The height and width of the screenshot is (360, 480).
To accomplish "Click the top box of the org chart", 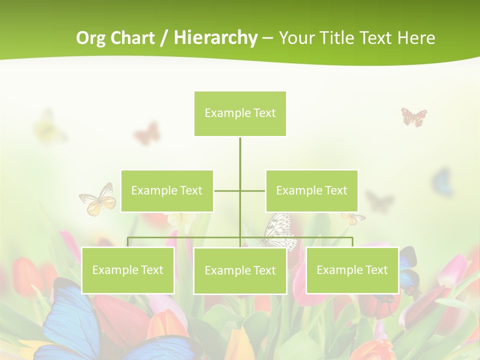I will [240, 113].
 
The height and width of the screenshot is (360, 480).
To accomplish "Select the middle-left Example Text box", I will [167, 190].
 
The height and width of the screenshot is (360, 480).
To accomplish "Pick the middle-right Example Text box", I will [311, 190].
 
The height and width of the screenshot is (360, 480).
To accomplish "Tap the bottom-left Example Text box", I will [127, 270].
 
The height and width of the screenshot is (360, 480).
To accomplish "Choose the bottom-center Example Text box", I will [240, 270].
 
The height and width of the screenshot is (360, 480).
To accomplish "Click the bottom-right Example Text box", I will [352, 270].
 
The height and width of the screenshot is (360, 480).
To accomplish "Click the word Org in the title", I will [91, 38].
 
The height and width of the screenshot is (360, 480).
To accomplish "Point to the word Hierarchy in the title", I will [215, 38].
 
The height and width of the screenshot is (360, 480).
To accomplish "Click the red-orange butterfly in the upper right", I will [414, 116].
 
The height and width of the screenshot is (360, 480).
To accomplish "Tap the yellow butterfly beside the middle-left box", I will [99, 200].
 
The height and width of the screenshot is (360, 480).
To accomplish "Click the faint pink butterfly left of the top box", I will [147, 133].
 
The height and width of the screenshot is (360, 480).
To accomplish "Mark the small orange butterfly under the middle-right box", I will [353, 218].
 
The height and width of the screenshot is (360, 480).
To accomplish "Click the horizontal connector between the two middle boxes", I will [239, 190].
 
